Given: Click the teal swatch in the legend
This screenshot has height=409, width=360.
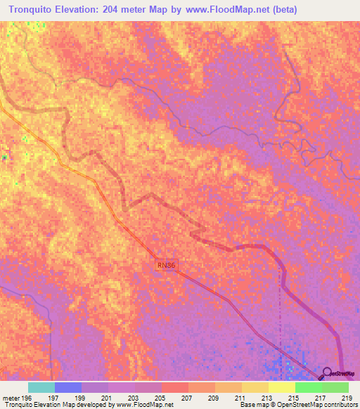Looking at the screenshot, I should [41, 387].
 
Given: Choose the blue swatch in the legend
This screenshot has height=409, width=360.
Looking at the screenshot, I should [68, 387].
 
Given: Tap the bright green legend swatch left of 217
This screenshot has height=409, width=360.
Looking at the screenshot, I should [308, 387].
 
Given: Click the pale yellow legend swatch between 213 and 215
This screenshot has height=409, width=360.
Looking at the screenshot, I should [281, 387].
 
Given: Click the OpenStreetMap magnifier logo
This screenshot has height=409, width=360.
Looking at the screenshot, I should [326, 373].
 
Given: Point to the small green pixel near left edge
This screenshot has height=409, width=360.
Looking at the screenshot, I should [4, 157].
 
